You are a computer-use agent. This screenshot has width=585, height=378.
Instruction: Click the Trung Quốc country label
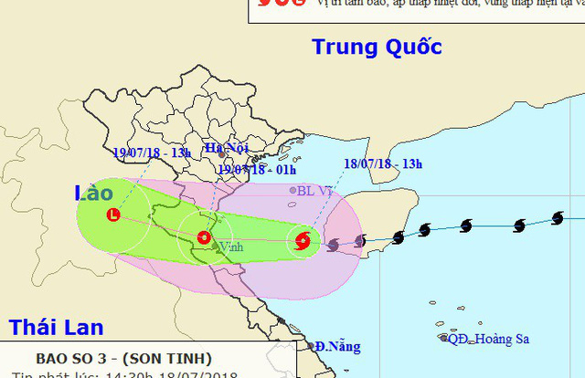[x=377, y=47]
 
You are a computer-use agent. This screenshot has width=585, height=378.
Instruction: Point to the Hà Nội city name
[x=226, y=147]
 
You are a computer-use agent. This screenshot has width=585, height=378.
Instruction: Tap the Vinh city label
[x=231, y=247]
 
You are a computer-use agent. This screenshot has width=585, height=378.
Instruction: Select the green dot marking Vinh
[x=214, y=247]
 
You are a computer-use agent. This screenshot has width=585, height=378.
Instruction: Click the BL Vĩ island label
[x=314, y=191]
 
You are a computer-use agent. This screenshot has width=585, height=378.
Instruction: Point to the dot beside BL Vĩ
[x=293, y=191]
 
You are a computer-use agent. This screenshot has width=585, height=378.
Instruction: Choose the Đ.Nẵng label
[x=339, y=347]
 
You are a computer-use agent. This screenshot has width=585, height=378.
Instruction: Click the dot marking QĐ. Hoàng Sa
[x=444, y=338]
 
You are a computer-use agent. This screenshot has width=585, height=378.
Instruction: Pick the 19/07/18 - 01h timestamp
[x=254, y=168]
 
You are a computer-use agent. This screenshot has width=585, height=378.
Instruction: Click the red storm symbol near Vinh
[x=202, y=238]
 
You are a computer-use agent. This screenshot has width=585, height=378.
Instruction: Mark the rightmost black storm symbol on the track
[x=557, y=218]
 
